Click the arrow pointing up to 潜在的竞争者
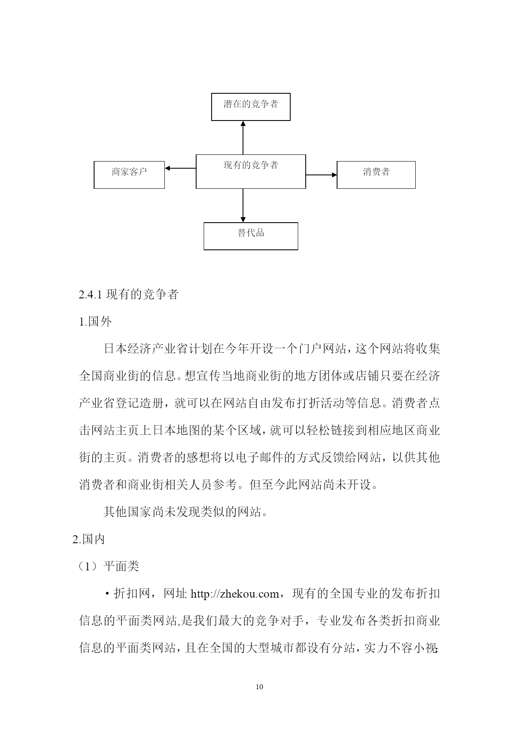[243, 138]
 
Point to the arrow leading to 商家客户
[180, 168]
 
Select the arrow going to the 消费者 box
[321, 175]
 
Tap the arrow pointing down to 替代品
[243, 205]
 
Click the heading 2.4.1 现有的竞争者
[128, 295]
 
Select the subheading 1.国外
[95, 322]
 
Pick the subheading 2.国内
[89, 539]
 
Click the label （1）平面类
[108, 567]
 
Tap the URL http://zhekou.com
[235, 594]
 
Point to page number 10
[259, 687]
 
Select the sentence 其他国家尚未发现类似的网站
[182, 512]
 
